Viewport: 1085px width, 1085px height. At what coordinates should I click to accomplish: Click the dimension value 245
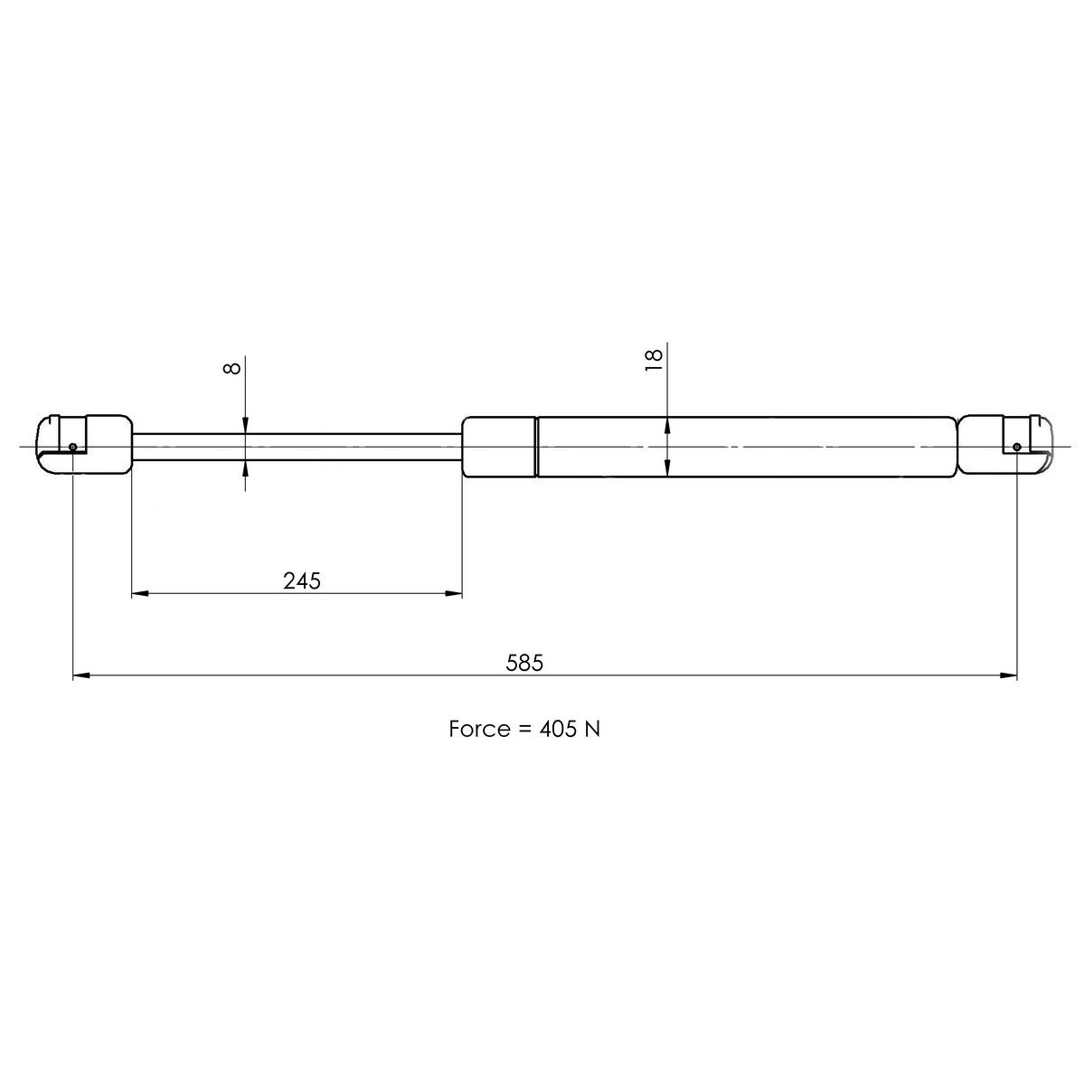pos(302,580)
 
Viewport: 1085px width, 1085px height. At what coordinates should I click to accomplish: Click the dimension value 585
pos(524,663)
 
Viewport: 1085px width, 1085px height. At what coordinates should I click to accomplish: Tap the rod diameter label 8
pos(232,368)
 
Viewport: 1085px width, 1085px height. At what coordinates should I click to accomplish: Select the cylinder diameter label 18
pos(655,355)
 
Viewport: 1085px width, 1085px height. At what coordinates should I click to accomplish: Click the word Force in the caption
pos(479,729)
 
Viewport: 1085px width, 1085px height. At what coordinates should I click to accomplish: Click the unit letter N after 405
pos(592,729)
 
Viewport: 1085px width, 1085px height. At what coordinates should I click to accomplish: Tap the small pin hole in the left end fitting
pos(72,447)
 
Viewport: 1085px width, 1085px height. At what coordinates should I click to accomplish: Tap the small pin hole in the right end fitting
pos(1017,447)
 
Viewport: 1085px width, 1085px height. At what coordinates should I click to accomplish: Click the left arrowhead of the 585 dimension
pos(80,675)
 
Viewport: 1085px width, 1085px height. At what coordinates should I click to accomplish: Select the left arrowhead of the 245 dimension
pos(140,594)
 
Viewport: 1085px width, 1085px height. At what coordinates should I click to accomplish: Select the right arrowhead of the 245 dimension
pos(454,594)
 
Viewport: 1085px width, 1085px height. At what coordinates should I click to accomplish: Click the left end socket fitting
pos(86,443)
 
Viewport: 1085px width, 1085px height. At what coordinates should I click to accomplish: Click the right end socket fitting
pos(1004,443)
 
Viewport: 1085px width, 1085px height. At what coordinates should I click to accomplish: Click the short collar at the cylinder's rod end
pos(499,447)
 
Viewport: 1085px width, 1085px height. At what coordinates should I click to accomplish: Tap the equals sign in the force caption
pos(524,730)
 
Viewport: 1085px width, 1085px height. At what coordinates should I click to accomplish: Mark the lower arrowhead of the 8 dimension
pos(246,467)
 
